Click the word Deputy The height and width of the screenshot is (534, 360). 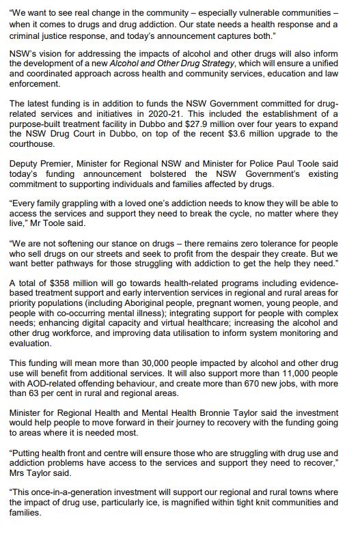pyautogui.click(x=27, y=163)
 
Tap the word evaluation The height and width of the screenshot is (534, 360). pyautogui.click(x=35, y=344)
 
